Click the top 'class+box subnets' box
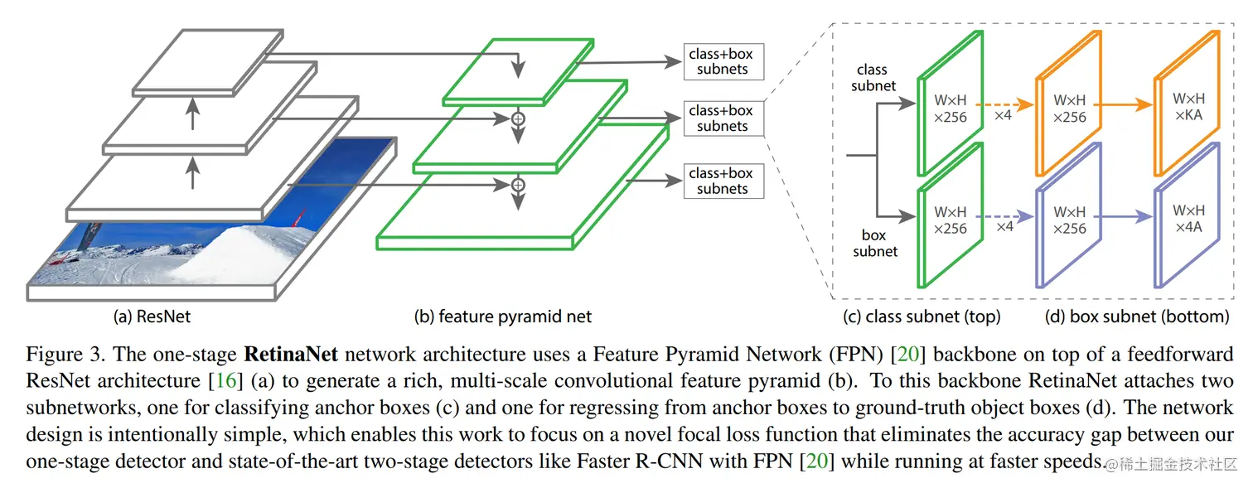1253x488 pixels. tap(723, 61)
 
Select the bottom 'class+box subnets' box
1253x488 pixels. tap(723, 181)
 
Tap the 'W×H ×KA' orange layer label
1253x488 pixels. tap(1188, 107)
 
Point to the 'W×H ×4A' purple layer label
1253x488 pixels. tap(1188, 219)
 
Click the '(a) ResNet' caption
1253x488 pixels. tap(152, 316)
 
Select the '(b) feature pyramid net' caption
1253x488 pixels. tap(502, 316)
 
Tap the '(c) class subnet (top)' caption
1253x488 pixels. tap(922, 316)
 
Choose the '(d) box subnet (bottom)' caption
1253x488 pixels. tap(1137, 316)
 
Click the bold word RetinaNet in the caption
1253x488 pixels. tap(291, 354)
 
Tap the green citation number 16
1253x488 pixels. tap(226, 380)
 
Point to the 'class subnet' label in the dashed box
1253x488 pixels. tap(873, 78)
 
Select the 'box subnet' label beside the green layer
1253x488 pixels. tap(875, 243)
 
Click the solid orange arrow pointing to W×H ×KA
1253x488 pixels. tap(1123, 104)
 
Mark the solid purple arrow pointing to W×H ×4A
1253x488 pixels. tap(1123, 216)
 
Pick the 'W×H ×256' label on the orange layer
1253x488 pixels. tap(1070, 109)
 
